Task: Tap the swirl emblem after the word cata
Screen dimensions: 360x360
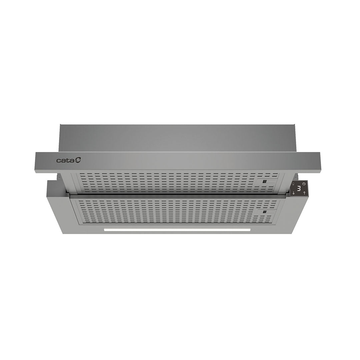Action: pos(77,160)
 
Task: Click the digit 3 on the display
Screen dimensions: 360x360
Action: pos(299,189)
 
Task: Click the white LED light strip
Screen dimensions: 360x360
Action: pos(177,230)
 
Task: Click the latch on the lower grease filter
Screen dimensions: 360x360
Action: pos(264,212)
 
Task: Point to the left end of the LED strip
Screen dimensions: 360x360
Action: pos(105,230)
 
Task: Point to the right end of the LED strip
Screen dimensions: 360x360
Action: pos(249,230)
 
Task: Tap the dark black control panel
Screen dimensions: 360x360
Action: pos(299,189)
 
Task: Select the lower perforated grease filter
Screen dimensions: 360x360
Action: pos(173,212)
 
